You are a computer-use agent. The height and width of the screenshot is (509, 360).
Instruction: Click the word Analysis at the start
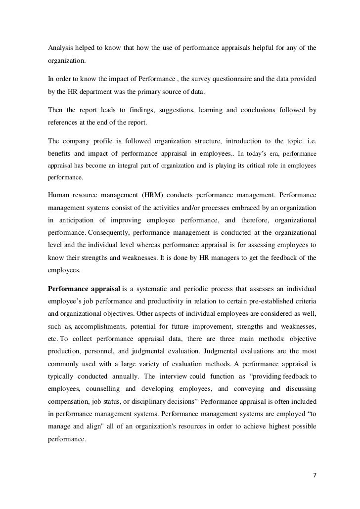point(60,48)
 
